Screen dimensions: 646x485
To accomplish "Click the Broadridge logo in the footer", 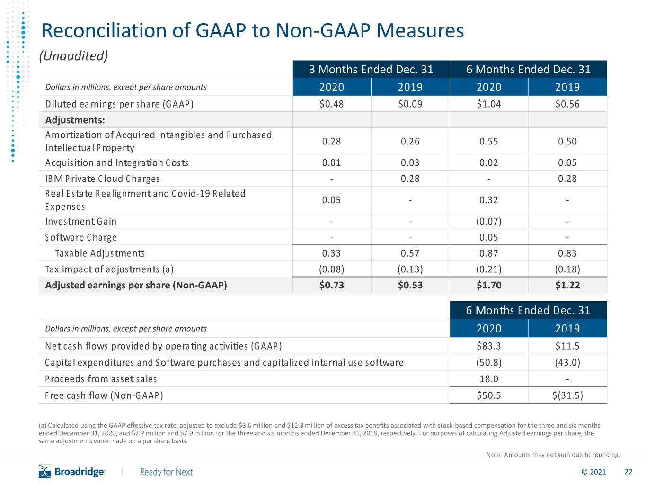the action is (72, 471).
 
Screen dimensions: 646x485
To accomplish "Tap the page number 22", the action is (628, 472).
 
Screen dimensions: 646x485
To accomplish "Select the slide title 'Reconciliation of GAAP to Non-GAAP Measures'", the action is (253, 31).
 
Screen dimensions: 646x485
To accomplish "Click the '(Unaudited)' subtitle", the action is (73, 56).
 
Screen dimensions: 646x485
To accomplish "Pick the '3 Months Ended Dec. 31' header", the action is (371, 70).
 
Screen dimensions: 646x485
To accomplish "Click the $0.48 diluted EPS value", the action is (331, 104).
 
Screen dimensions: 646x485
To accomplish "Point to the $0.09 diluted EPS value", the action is (410, 104).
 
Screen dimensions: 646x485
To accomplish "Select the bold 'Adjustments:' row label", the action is (75, 120).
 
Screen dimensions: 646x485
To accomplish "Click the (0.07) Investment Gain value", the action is (488, 221).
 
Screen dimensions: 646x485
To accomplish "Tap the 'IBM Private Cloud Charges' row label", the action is (102, 179).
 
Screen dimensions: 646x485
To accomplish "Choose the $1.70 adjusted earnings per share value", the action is (489, 285).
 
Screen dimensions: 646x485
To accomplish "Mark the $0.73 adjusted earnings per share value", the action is (331, 285).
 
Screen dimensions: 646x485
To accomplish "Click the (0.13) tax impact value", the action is (410, 269).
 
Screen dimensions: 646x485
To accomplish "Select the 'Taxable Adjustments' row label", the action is (100, 253).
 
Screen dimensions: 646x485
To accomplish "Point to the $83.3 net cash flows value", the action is (488, 346).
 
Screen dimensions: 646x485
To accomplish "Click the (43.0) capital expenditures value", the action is (567, 362).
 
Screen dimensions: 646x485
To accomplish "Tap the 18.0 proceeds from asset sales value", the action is (489, 379).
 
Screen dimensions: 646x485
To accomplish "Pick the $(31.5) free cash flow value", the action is (567, 395).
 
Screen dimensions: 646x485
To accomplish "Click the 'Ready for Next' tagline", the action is (166, 472).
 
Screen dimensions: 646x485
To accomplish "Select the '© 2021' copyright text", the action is (593, 472).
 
